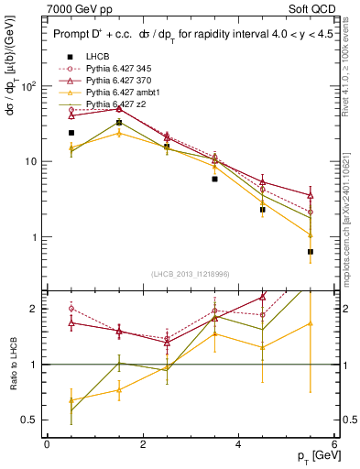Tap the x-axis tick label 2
click(143, 444)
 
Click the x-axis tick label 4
click(238, 444)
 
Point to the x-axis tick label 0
click(47, 444)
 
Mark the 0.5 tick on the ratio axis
click(29, 420)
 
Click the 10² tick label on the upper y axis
click(27, 86)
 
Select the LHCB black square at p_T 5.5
click(311, 252)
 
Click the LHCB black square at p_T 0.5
click(71, 133)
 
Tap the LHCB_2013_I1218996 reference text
click(190, 275)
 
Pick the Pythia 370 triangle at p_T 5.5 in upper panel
click(311, 195)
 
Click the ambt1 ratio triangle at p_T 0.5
click(71, 400)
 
